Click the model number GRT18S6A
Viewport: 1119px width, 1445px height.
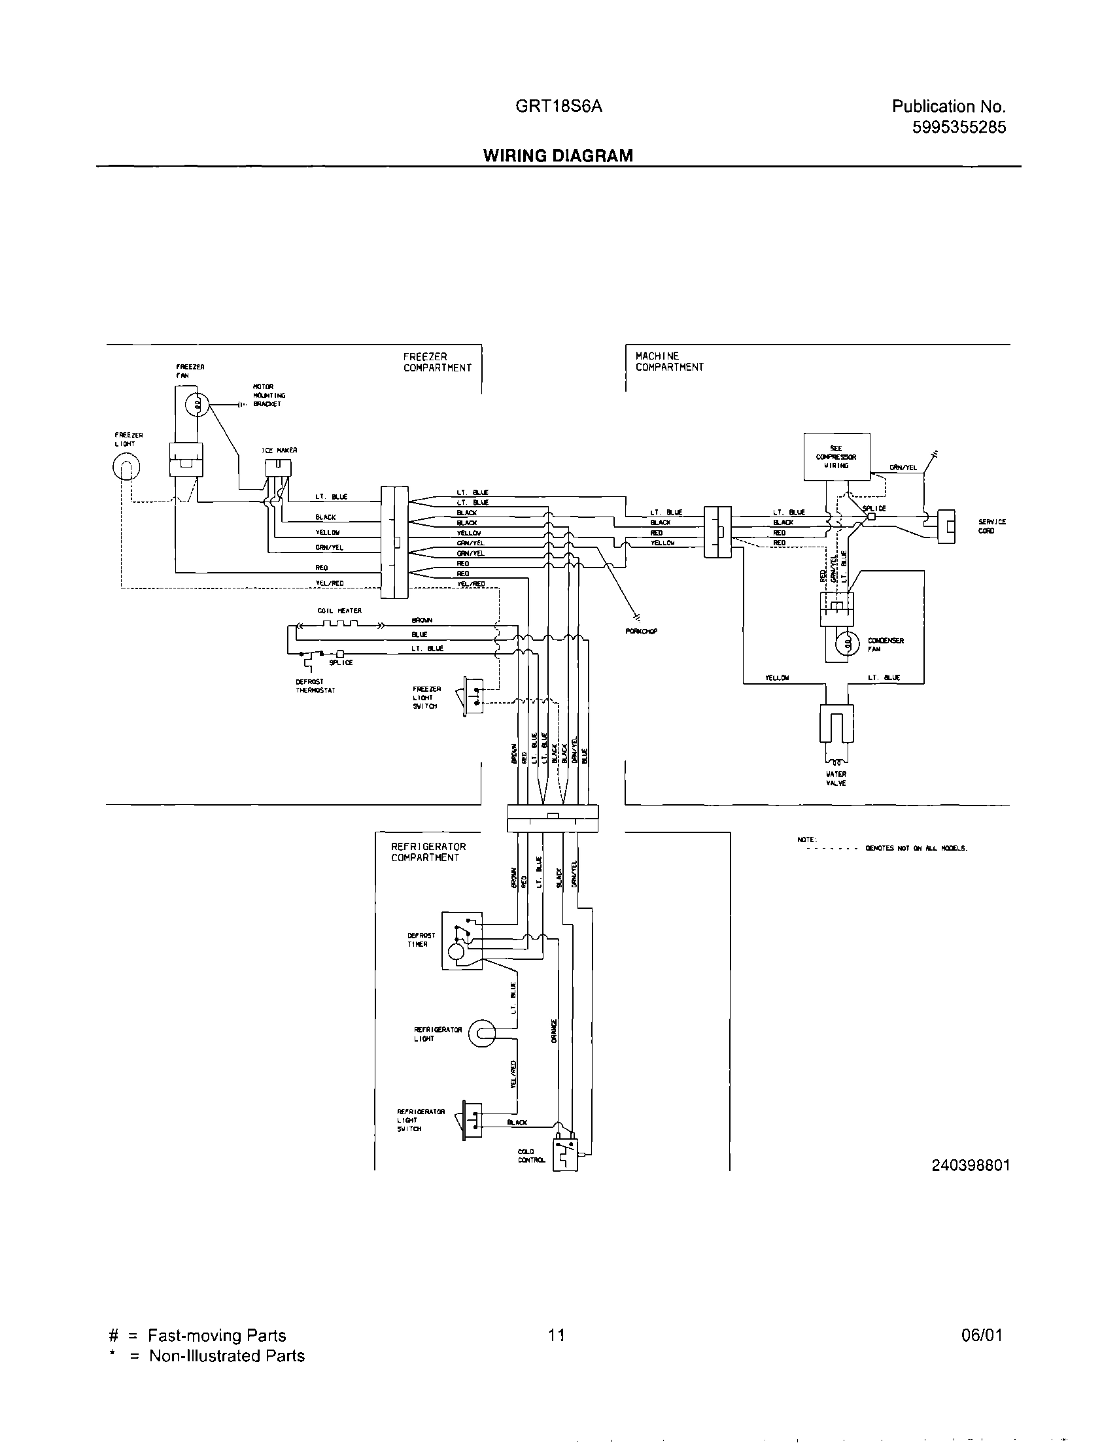click(559, 107)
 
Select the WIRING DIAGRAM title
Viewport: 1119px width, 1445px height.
click(558, 156)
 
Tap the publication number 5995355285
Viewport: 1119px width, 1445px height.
click(959, 127)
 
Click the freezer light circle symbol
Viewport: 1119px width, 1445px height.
click(126, 469)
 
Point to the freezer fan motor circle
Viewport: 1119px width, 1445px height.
click(198, 403)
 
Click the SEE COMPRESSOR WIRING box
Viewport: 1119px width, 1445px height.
click(836, 456)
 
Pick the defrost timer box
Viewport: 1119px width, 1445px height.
click(462, 941)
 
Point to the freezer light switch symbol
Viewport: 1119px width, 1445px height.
click(472, 696)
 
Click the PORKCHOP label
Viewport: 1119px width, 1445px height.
click(640, 631)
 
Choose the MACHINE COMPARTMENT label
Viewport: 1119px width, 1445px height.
click(669, 361)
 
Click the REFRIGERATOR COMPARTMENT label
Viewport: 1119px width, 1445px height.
click(428, 852)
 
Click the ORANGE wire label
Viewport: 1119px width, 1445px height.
click(554, 1032)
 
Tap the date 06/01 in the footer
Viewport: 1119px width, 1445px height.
click(982, 1335)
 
